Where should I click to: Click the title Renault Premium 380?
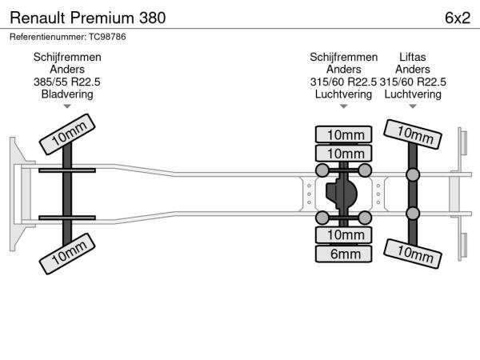88,17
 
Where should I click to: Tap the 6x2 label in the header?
457,17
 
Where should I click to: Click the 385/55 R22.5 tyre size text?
67,82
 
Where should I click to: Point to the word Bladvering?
67,94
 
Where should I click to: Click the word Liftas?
413,58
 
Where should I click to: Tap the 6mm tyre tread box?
344,254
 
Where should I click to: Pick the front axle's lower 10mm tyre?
68,256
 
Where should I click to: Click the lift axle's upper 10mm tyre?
413,134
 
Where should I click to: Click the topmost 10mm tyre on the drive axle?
344,134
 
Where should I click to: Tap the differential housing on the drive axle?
343,194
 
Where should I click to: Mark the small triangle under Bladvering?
67,106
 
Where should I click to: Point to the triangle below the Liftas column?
413,106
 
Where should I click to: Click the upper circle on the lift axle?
413,174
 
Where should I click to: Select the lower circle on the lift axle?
413,214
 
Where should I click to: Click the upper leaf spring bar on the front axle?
67,170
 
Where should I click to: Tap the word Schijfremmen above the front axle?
67,58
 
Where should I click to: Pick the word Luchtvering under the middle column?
344,94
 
